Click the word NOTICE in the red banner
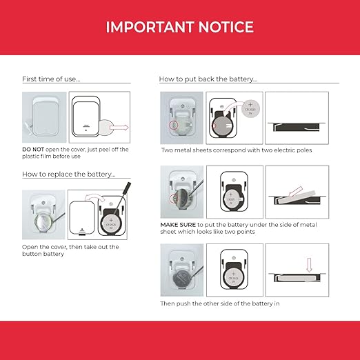226,27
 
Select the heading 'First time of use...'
51,79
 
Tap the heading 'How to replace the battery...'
69,174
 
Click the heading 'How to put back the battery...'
208,79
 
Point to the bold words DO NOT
33,150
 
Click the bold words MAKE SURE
178,225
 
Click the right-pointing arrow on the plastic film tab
119,128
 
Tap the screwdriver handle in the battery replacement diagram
128,188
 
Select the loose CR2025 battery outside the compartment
250,109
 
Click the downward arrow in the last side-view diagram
309,265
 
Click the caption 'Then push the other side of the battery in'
220,303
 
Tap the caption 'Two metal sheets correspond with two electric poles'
237,150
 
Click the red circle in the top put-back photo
174,126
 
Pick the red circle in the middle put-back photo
173,199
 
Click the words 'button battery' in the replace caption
43,254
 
